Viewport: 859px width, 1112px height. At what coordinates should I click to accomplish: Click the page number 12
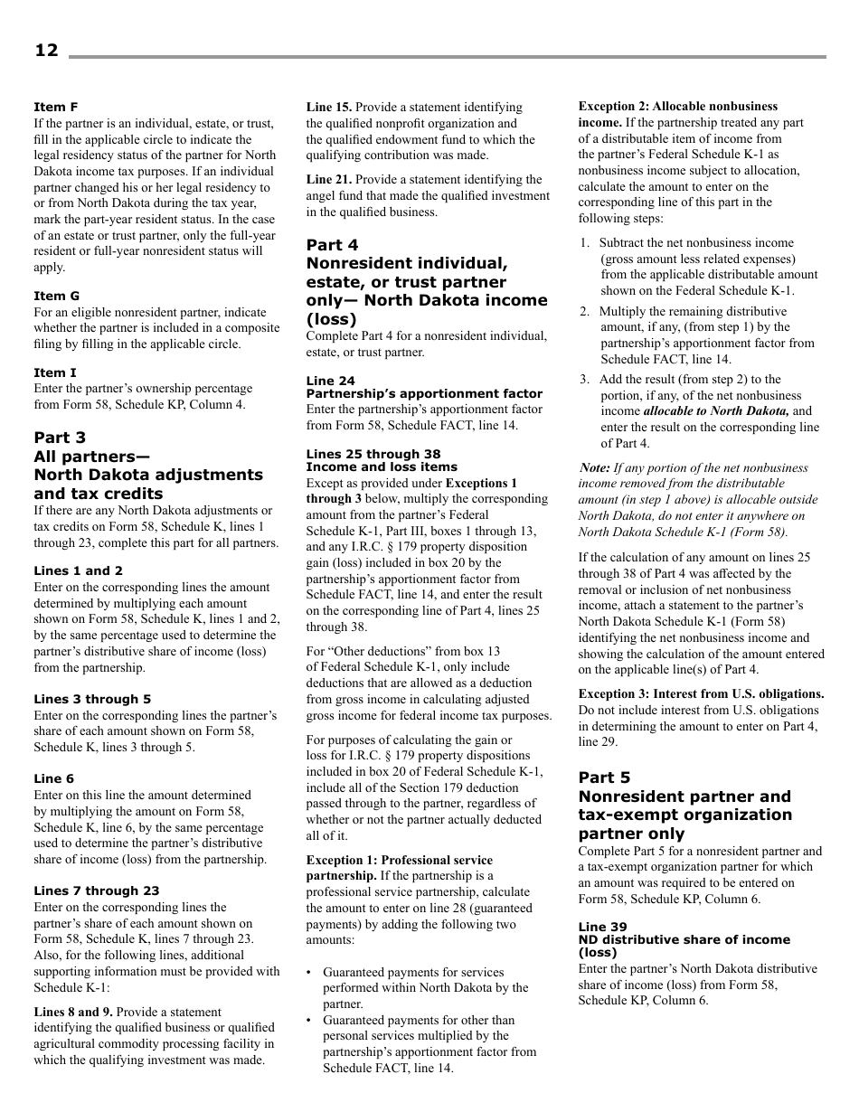(x=46, y=51)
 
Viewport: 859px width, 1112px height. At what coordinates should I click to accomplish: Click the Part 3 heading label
(x=60, y=438)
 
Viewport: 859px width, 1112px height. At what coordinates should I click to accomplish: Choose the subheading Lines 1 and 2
(x=78, y=570)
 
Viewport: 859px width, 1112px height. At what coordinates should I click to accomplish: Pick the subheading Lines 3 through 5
(x=92, y=699)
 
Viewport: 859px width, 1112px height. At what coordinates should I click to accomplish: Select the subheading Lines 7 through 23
(x=96, y=891)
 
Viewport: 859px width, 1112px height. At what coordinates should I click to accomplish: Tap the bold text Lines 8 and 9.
(x=73, y=1012)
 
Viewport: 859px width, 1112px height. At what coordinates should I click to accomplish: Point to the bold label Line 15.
(x=329, y=107)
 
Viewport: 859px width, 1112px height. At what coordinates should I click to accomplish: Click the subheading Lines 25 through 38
(x=373, y=454)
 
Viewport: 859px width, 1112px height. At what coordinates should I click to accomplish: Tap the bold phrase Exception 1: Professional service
(x=400, y=860)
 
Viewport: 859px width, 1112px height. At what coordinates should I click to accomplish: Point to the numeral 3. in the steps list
(x=585, y=380)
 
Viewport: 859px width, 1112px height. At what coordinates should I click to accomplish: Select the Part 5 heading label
(x=604, y=777)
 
